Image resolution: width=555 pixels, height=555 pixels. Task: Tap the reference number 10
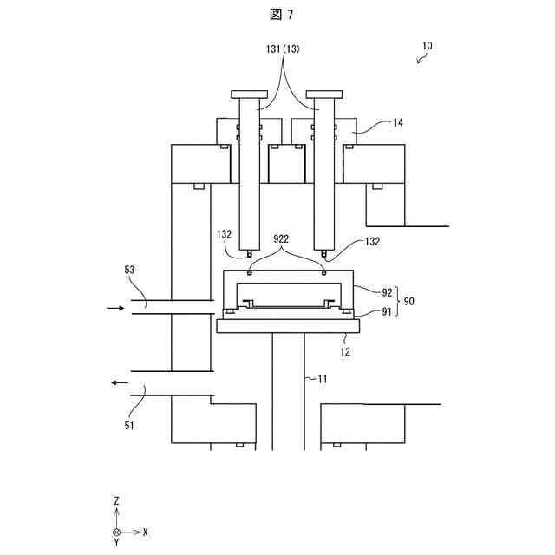coord(428,46)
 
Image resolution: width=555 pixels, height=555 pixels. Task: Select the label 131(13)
coord(283,50)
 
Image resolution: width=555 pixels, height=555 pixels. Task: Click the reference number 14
coord(398,123)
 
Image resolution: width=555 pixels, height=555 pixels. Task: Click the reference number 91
coord(387,311)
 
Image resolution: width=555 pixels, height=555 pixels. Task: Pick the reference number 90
coord(409,301)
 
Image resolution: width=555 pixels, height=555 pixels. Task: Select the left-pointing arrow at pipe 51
coord(119,382)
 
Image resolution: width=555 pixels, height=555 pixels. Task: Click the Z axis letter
coord(116,501)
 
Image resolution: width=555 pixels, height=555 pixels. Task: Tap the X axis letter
coord(145,531)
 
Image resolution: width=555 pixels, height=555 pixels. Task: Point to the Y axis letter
coord(116,543)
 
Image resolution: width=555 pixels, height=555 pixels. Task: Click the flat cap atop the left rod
coord(248,94)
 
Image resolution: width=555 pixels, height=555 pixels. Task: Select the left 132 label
coord(225,235)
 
